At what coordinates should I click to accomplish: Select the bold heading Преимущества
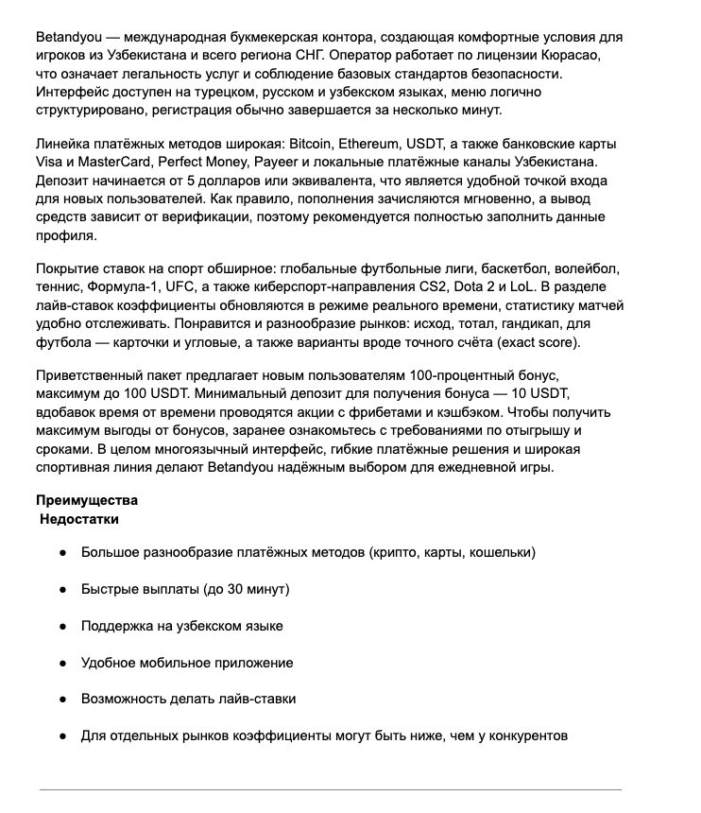pos(86,500)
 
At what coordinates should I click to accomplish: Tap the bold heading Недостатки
pos(79,519)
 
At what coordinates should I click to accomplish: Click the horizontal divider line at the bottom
pos(330,789)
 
